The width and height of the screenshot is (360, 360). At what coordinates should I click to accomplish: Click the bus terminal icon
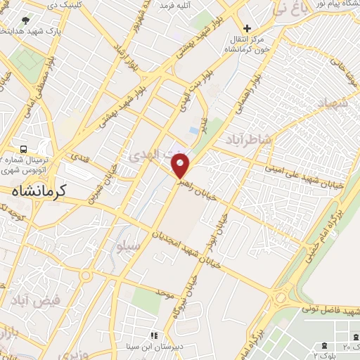coord(24,149)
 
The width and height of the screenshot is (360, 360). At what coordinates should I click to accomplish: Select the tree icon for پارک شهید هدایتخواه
coord(26,20)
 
